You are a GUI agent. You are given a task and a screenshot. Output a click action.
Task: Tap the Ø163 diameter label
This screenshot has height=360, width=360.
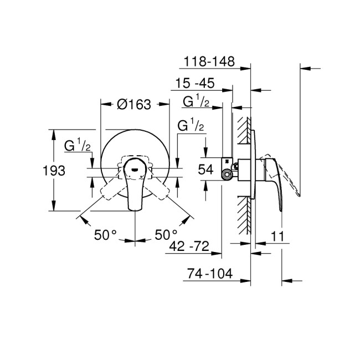(134, 104)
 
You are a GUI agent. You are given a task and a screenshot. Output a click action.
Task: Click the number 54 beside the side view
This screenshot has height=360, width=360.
(205, 171)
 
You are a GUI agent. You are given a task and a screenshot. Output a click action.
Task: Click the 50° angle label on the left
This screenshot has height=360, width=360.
(105, 235)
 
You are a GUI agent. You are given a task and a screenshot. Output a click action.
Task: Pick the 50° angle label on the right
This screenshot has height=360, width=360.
(166, 235)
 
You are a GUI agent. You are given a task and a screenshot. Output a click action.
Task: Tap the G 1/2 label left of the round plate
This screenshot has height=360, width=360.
(78, 146)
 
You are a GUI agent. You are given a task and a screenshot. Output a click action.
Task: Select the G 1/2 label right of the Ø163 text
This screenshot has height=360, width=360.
(191, 126)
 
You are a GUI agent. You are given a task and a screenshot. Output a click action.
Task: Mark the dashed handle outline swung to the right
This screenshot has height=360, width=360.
(161, 189)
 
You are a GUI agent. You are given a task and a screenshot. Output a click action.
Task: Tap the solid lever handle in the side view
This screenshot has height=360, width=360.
(274, 177)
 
